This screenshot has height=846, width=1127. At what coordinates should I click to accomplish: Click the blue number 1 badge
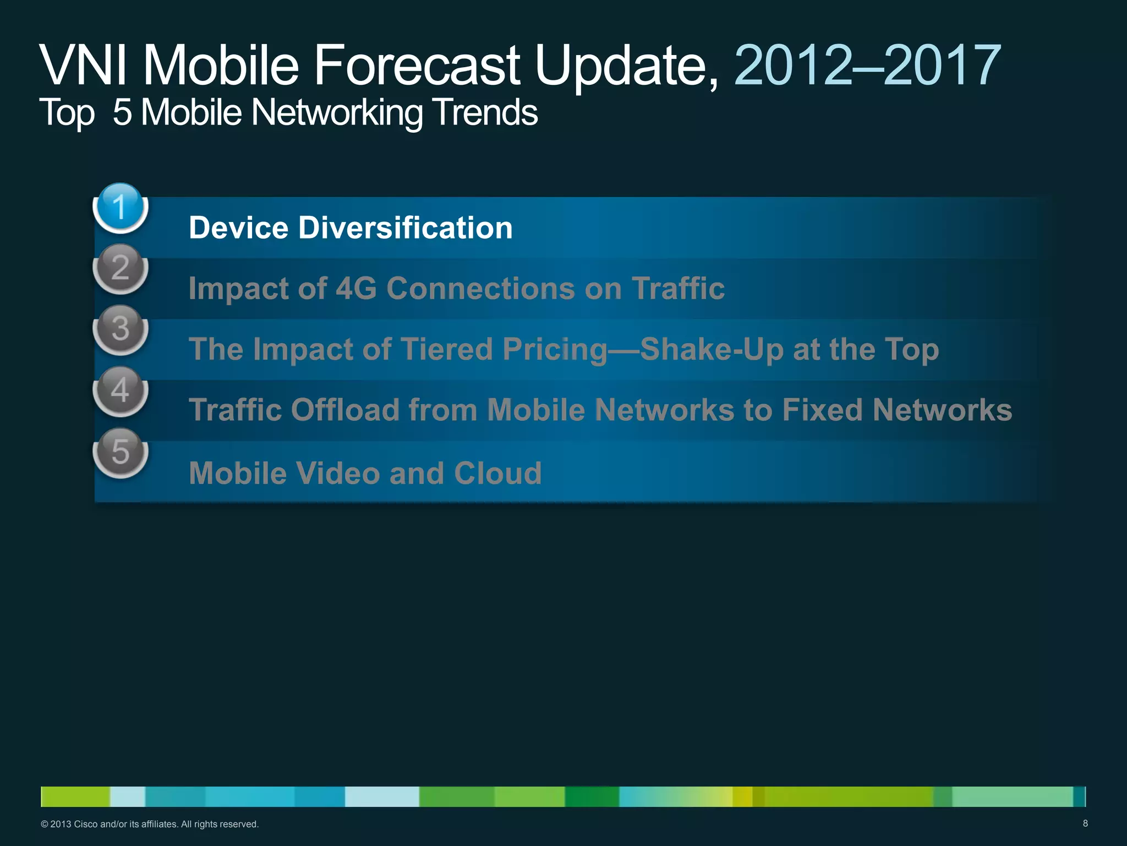(121, 208)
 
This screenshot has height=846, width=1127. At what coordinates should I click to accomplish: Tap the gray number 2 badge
(121, 269)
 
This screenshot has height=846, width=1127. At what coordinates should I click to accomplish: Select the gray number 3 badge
(121, 329)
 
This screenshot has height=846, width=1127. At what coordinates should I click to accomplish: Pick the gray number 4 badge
(121, 391)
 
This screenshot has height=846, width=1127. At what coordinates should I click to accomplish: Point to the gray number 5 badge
(121, 452)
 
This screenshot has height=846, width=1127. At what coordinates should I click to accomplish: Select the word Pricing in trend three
(555, 350)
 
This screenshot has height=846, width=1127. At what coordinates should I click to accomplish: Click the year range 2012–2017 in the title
(867, 66)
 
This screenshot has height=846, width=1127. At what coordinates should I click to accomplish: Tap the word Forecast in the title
(417, 66)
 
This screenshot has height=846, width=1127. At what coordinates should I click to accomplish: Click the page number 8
(1085, 823)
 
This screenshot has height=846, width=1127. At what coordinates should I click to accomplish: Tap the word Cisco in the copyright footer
(86, 825)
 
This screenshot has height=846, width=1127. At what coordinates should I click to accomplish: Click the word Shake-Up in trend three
(712, 350)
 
